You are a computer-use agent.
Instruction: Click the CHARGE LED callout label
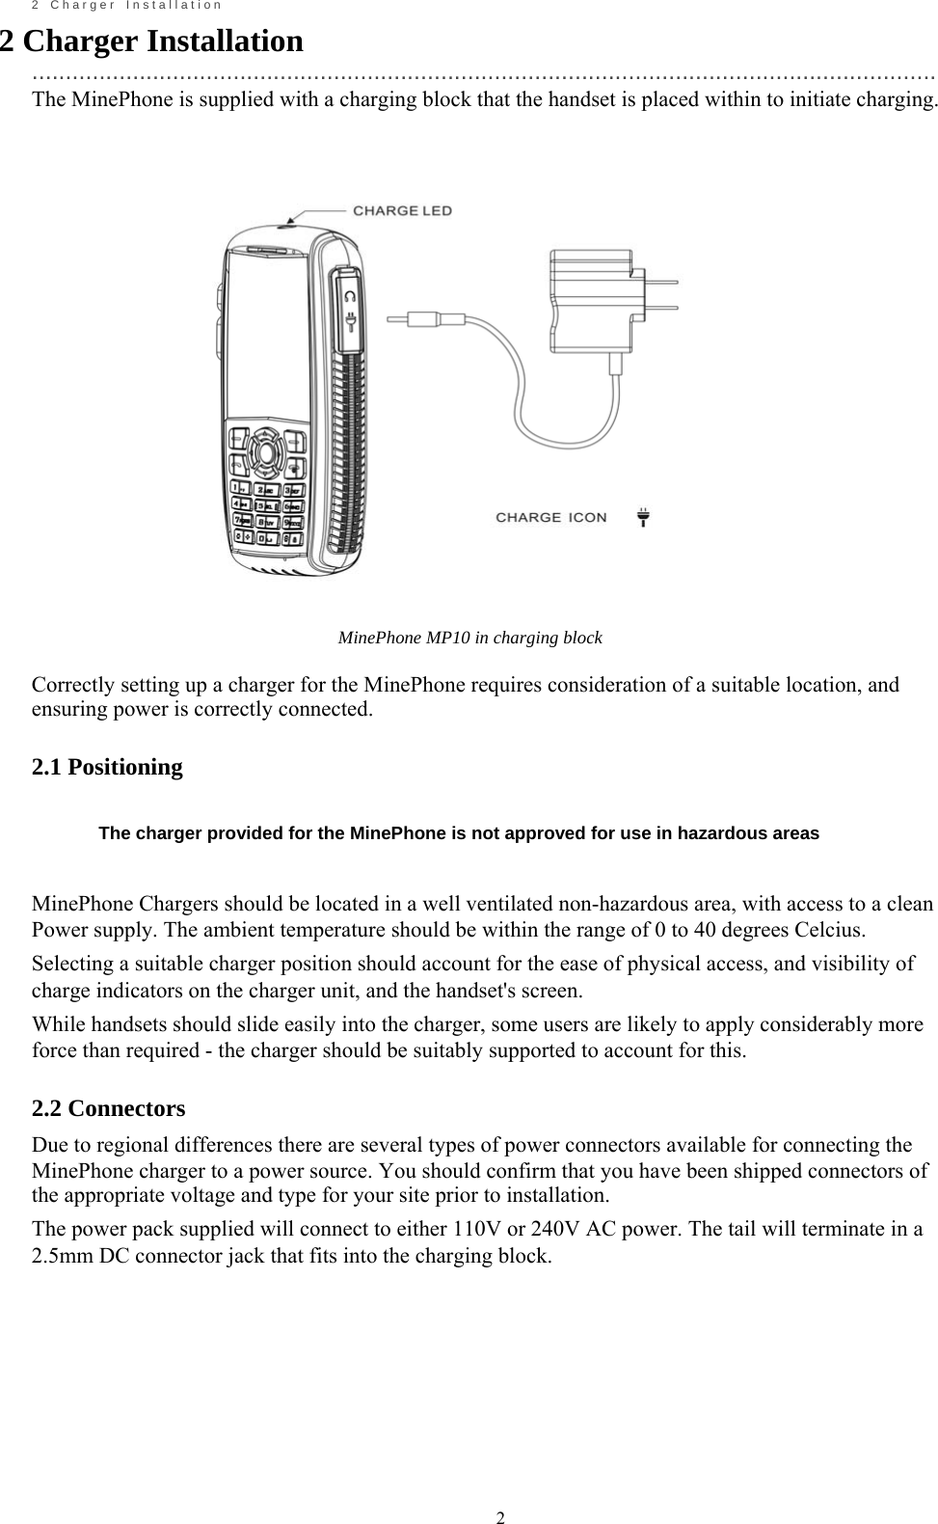tap(401, 210)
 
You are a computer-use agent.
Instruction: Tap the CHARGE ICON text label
tap(551, 517)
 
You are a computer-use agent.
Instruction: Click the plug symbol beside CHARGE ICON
tap(643, 517)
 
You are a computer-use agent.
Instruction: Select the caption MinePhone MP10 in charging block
tap(469, 638)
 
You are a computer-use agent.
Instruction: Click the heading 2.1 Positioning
tap(107, 767)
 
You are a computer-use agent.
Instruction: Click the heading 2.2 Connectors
tap(108, 1108)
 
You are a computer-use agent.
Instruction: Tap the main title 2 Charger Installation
tap(151, 41)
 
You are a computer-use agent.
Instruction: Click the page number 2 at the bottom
tap(500, 1493)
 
